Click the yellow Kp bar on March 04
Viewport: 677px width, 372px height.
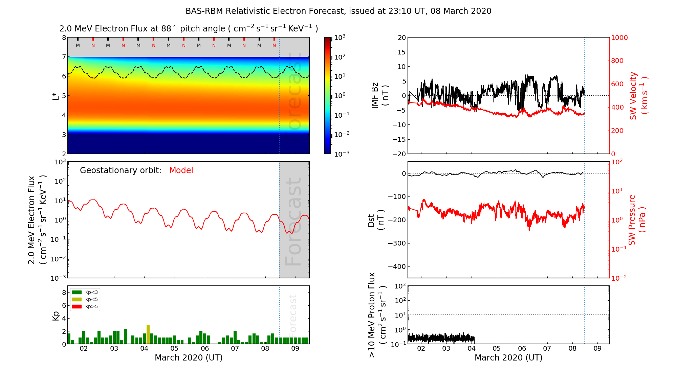(148, 334)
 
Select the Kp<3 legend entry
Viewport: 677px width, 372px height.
(85, 292)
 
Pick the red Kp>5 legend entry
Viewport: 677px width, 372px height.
(85, 307)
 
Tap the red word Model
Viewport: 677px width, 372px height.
(181, 170)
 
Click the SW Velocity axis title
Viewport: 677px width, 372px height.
(638, 96)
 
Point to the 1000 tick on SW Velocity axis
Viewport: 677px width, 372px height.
(619, 38)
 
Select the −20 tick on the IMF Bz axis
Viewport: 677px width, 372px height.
(399, 154)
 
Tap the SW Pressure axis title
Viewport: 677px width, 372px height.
(637, 220)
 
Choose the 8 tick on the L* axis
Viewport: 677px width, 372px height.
(64, 38)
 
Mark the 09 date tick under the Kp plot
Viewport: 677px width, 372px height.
(295, 349)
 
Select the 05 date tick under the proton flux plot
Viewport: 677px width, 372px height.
(497, 349)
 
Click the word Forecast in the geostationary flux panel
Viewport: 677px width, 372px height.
(293, 222)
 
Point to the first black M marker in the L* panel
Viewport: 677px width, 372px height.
(78, 45)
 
